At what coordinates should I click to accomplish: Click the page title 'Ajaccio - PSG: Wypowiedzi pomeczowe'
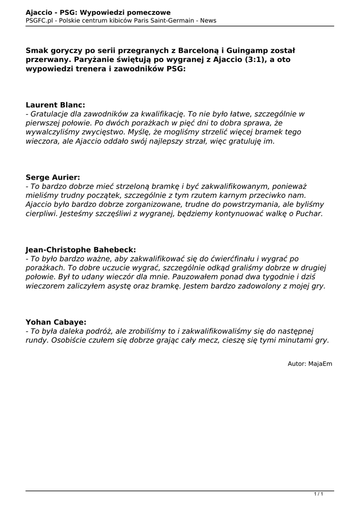point(98,12)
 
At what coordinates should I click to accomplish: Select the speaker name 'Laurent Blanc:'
point(55,105)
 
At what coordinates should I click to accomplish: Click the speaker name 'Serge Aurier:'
point(53,177)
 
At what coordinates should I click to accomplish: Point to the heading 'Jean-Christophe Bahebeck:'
point(80,250)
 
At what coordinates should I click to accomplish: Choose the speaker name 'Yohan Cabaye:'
point(56,322)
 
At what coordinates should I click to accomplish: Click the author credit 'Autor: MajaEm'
point(310,364)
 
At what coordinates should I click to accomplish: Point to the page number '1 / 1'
point(319,494)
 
